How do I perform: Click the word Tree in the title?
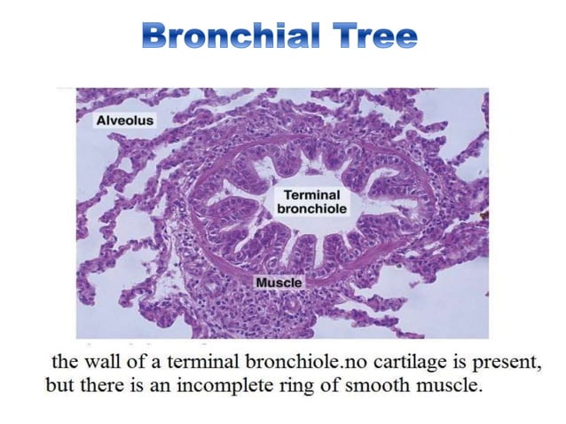(x=376, y=38)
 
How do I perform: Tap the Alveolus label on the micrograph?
(x=124, y=121)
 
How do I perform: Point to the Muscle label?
(x=279, y=282)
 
